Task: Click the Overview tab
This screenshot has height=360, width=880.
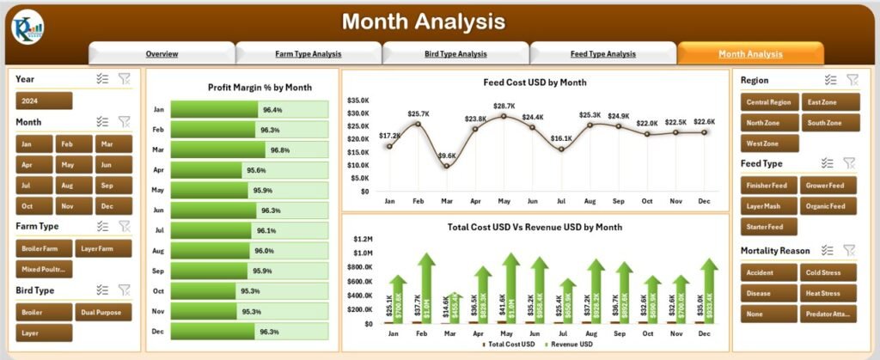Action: coord(162,53)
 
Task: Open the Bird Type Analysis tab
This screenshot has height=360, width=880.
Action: coord(455,53)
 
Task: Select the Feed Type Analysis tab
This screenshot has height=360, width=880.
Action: coord(602,53)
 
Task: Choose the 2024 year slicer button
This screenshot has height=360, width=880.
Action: coord(44,101)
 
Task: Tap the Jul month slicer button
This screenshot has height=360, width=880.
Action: coord(34,184)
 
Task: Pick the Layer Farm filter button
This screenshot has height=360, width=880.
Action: coord(103,248)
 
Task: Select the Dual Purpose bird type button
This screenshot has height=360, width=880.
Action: coord(103,312)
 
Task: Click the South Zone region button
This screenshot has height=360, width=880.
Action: coord(830,122)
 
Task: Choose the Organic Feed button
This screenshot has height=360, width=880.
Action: coord(830,205)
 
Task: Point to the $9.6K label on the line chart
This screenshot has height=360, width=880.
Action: coord(447,156)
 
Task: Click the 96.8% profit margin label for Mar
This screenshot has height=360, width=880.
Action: coord(279,149)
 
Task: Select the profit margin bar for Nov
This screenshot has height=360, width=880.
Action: coord(249,312)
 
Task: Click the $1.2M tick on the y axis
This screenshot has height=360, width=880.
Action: coord(361,238)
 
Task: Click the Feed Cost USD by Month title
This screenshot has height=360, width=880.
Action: coord(535,82)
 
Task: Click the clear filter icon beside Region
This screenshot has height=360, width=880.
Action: coord(852,79)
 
